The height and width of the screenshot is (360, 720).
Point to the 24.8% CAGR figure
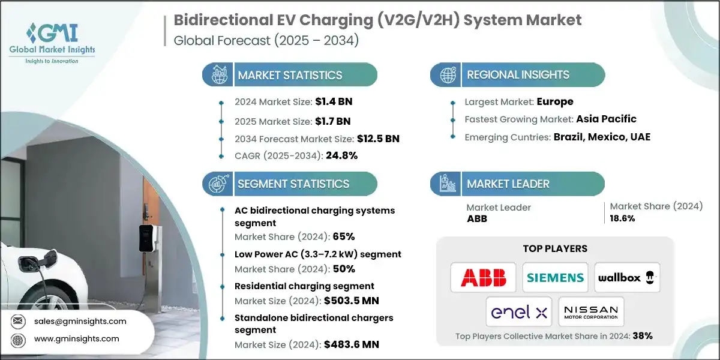(341, 156)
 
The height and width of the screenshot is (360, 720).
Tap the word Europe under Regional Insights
(555, 101)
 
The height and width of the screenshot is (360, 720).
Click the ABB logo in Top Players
(483, 277)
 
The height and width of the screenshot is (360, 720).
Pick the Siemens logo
(555, 277)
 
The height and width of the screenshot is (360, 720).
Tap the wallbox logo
(627, 277)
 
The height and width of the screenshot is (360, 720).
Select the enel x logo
(519, 312)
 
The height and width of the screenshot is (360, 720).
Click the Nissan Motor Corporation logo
(591, 312)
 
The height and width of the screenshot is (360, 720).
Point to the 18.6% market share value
(622, 218)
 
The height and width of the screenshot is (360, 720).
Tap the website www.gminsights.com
(76, 339)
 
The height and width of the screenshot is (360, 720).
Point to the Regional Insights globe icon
(448, 75)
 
